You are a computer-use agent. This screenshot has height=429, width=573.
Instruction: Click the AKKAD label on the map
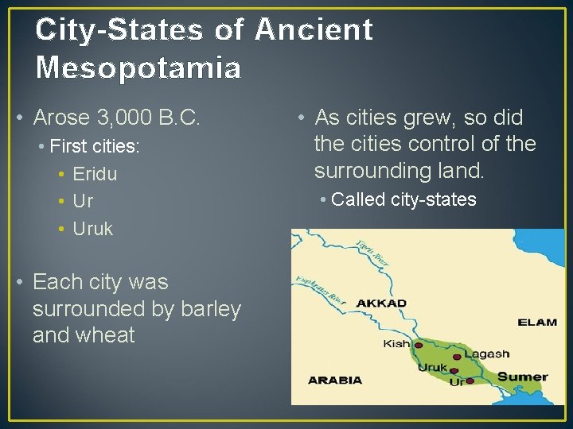click(381, 303)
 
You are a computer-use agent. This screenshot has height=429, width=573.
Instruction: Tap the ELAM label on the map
click(537, 323)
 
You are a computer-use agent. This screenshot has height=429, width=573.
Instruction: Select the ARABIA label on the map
click(335, 380)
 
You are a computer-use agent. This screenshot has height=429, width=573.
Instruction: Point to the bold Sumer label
click(523, 377)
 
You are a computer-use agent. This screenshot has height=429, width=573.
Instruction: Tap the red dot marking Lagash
click(458, 356)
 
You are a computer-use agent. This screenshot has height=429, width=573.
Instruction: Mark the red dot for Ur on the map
click(470, 381)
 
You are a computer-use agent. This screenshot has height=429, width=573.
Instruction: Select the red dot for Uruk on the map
click(454, 370)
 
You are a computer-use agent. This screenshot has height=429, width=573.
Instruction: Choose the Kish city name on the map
click(396, 344)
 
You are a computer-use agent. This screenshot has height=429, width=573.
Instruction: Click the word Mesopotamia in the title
click(138, 68)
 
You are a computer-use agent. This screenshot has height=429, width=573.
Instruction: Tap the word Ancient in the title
click(314, 29)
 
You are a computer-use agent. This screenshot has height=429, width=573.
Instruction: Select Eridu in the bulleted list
click(95, 174)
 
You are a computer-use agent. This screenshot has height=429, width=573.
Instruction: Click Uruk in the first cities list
click(93, 229)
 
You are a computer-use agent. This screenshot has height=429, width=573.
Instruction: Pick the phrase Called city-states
click(403, 199)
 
